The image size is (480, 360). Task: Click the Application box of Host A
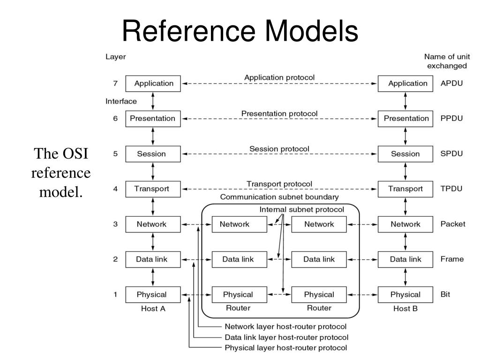pos(153,83)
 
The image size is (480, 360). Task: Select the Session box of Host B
pos(405,154)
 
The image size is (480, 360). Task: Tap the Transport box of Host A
pos(153,189)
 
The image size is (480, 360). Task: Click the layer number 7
pos(115,83)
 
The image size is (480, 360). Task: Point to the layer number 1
pos(115,294)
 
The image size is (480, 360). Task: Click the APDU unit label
pos(451,83)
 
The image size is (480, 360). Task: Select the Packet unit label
pos(453,224)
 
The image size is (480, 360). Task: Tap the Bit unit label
pos(445,294)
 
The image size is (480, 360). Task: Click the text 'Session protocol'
pos(279,149)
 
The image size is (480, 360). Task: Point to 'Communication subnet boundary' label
pos(279,197)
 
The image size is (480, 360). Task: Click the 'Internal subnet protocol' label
pos(301,210)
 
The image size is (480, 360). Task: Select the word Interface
pos(121,101)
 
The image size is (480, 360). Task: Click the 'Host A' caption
pos(153,308)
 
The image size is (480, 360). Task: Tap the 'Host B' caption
pos(405,308)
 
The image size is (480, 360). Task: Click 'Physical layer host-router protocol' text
pos(286,348)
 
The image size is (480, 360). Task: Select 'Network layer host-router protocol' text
pos(285,327)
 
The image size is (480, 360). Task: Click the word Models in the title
pos(312,30)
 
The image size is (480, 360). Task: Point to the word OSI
pos(75,153)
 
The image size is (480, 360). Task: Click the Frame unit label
pos(452,259)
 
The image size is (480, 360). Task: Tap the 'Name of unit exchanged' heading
pos(447,61)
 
